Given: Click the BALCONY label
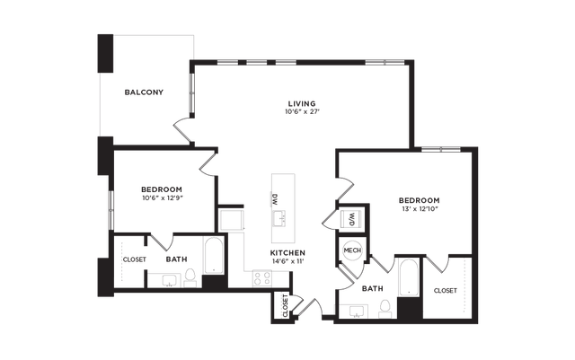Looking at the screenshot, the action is (x=144, y=92).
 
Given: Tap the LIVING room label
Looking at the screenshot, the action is (x=302, y=104).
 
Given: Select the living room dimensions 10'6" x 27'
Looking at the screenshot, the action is (x=303, y=112).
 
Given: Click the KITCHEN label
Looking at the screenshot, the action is (x=287, y=253).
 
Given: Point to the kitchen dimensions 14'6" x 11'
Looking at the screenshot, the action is (x=287, y=261).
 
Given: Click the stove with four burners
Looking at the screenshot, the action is (x=262, y=278).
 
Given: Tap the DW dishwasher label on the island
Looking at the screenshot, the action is (x=274, y=199).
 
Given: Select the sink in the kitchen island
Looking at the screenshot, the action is (x=280, y=218).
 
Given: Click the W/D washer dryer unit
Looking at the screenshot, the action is (x=351, y=220).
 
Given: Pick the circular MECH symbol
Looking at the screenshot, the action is (x=352, y=250).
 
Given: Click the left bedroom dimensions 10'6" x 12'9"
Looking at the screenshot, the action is (x=162, y=198).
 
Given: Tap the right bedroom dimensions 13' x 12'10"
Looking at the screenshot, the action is (x=420, y=209).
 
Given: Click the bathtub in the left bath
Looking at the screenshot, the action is (x=214, y=256).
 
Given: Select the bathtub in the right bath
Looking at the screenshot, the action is (x=408, y=277).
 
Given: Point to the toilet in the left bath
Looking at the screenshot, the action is (x=190, y=278).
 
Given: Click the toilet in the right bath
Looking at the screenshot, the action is (x=385, y=309).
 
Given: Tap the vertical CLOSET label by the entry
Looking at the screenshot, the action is (x=286, y=306).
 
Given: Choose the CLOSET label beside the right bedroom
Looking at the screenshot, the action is (x=446, y=291).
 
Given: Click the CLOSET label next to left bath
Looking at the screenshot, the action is (x=134, y=259).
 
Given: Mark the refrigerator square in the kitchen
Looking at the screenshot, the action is (x=231, y=220).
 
